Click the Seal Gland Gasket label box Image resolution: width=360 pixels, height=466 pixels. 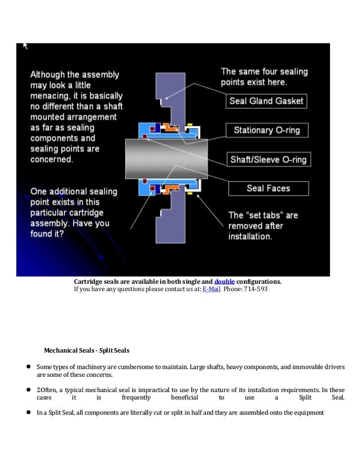point(266,102)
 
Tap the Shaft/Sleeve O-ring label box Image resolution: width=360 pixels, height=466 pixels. point(268,160)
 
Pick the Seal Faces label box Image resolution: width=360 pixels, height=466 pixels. point(268,188)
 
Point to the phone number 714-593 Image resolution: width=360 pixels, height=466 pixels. point(256,290)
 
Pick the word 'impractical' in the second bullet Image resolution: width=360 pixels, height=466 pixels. point(160,390)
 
